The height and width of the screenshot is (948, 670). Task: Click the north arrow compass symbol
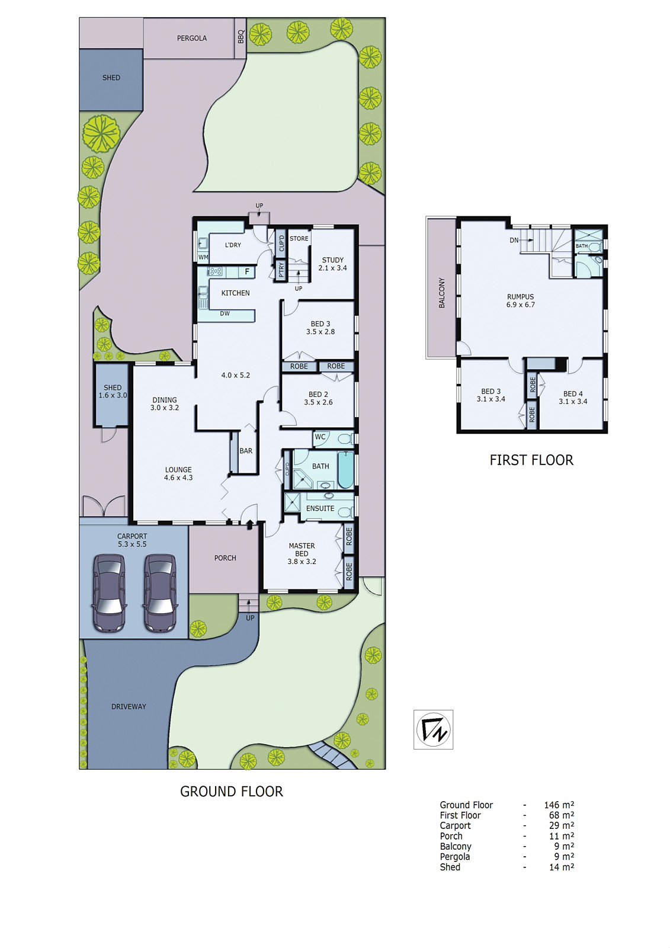[433, 729]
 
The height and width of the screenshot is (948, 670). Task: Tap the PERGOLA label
[192, 39]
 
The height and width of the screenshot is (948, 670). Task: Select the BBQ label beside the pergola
[241, 37]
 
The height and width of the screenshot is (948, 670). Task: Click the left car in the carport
[110, 592]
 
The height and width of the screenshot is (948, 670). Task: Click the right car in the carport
[161, 592]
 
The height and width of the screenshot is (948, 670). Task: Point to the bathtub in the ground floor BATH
[345, 470]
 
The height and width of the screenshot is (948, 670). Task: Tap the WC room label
[320, 437]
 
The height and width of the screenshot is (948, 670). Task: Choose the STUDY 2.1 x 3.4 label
[333, 264]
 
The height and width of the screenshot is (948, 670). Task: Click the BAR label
[246, 451]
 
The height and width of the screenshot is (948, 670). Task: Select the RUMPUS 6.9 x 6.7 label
[520, 301]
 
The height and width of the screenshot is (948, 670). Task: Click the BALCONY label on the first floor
[442, 293]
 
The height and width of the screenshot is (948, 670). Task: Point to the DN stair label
[514, 240]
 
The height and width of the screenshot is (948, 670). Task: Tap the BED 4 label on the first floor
[573, 398]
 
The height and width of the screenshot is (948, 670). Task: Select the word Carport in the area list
[455, 826]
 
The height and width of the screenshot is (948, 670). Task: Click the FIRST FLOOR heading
[531, 460]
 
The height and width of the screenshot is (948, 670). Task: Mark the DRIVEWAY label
[129, 707]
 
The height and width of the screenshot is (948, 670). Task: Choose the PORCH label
[225, 558]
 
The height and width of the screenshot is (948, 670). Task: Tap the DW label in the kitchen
[225, 313]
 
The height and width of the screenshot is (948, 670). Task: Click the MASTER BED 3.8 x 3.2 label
[302, 553]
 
